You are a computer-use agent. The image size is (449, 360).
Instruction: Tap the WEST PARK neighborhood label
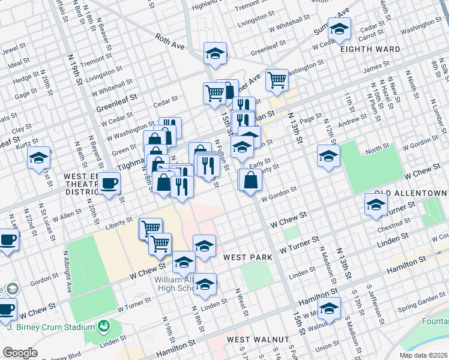[247, 257]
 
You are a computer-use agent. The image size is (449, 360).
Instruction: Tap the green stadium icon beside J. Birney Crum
[104, 326]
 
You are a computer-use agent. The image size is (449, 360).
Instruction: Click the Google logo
[20, 353]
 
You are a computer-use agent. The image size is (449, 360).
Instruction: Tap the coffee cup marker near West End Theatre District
[109, 182]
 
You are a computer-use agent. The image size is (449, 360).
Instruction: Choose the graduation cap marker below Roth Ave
[215, 53]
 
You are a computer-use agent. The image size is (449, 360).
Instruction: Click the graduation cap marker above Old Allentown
[328, 156]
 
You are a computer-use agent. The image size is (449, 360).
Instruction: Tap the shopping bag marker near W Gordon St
[252, 180]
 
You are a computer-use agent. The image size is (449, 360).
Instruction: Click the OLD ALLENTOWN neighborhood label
[411, 193]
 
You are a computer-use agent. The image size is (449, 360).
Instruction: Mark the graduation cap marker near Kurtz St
[38, 158]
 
